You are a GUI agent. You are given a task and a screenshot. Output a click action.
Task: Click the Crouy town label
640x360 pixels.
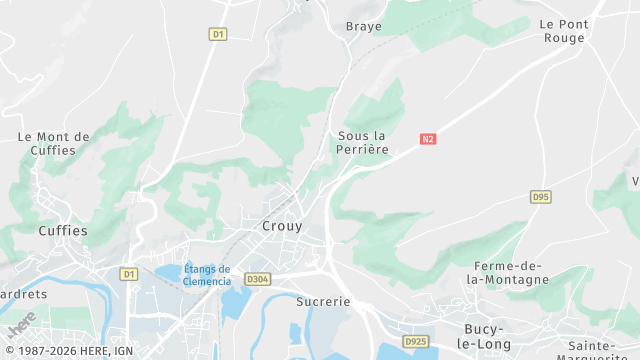tap(282, 226)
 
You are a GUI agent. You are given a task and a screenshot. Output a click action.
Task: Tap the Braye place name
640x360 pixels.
tap(364, 26)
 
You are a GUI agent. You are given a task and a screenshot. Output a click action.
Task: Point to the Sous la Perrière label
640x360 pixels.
tap(362, 142)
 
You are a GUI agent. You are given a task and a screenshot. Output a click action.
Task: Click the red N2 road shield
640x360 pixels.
tap(429, 139)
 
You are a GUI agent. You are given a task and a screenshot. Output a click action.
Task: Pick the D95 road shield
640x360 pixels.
tap(541, 197)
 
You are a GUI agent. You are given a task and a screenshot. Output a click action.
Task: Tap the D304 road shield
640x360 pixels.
tap(257, 279)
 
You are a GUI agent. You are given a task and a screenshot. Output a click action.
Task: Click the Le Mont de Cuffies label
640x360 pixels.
tap(54, 143)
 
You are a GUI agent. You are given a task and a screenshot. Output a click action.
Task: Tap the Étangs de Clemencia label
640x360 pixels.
tap(207, 275)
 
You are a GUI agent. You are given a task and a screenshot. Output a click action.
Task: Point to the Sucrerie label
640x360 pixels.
tap(323, 300)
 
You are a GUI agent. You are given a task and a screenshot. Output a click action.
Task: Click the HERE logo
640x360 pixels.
tap(21, 326)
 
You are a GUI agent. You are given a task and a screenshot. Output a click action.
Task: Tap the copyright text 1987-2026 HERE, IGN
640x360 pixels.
tap(68, 351)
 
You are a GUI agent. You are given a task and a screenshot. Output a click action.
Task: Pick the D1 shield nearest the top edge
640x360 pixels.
tap(218, 34)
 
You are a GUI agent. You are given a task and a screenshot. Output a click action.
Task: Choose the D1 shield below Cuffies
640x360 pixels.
tap(128, 273)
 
